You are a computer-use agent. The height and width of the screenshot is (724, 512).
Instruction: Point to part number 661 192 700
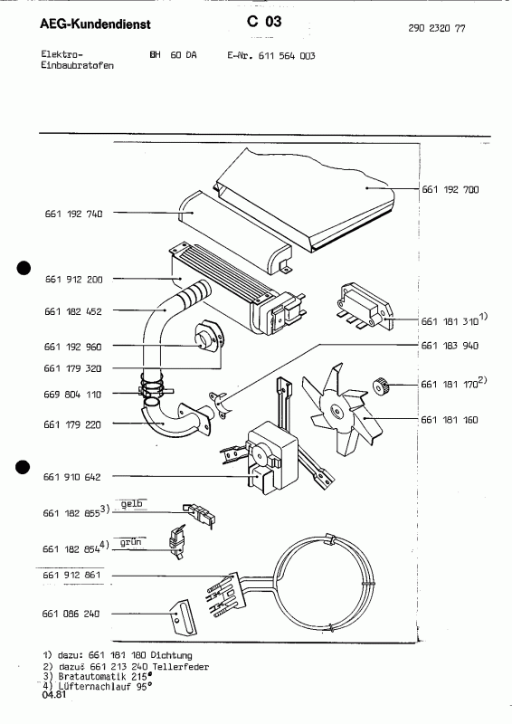450,190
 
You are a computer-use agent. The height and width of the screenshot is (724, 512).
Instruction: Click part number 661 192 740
72,214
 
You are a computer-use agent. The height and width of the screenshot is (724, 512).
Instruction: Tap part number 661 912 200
72,280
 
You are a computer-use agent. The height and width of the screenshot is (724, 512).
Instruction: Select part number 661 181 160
450,419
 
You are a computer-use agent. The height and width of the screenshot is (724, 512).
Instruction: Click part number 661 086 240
72,614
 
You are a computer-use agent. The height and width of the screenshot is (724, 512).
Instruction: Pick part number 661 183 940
450,347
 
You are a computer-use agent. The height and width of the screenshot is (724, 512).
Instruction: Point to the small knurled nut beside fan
381,386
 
